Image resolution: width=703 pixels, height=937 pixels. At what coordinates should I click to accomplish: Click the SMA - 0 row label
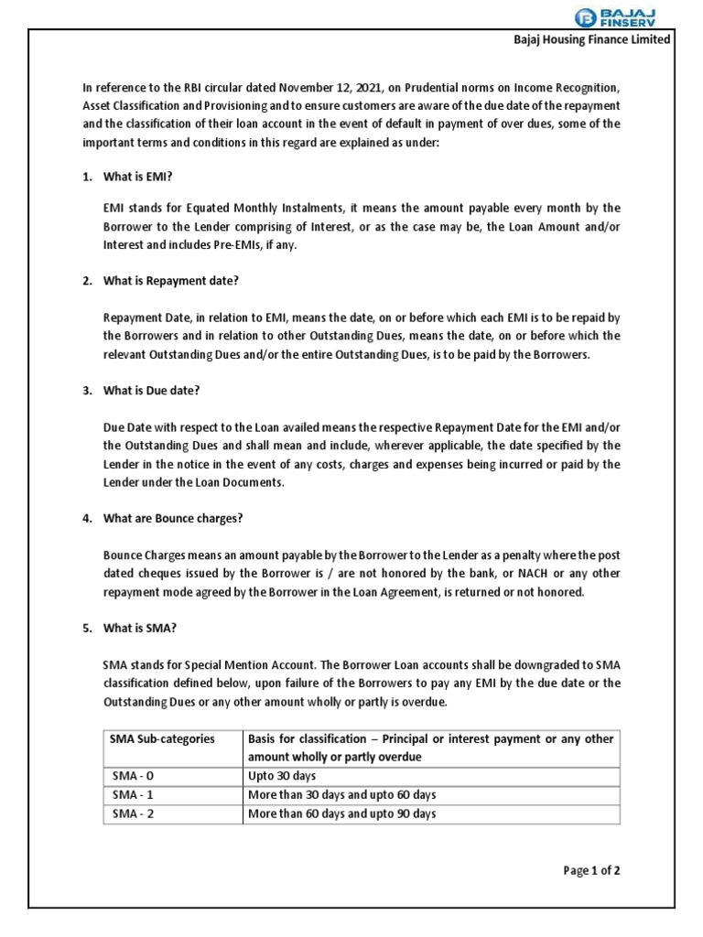[133, 776]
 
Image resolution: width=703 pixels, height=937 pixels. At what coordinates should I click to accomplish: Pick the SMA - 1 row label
[133, 795]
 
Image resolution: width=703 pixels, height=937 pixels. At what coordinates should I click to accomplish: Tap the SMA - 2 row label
[133, 813]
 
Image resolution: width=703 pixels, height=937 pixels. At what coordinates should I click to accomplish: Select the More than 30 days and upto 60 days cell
[341, 795]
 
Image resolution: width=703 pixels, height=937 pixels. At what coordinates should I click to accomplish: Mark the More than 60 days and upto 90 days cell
[341, 813]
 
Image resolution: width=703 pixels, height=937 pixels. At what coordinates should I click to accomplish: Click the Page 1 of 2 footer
[592, 870]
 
